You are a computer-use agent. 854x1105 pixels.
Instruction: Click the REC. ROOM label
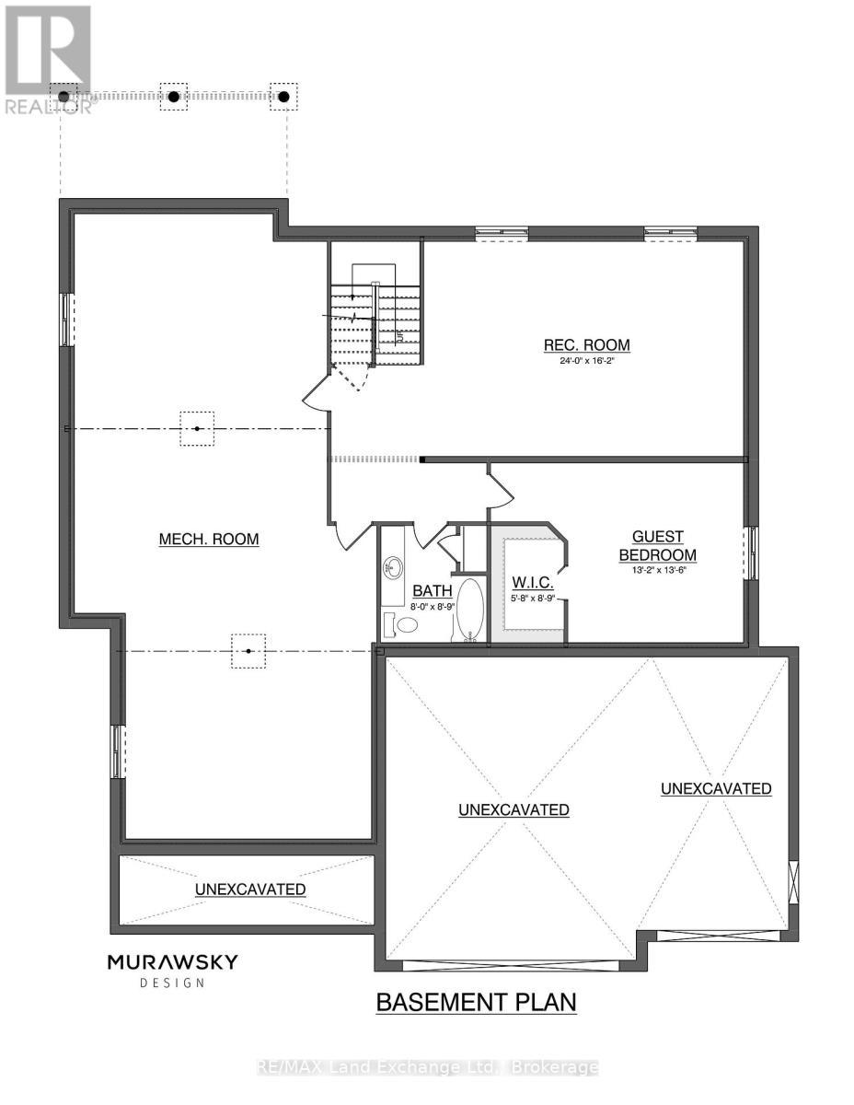[x=586, y=345]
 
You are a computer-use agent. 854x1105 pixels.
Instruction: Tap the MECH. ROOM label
[x=208, y=540]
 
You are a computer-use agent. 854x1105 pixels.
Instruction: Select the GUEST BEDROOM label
[x=657, y=546]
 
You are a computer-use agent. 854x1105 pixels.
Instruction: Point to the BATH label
[x=431, y=590]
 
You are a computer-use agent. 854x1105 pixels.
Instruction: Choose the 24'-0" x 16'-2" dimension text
[x=586, y=362]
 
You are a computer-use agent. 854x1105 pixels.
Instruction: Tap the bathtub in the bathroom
[x=469, y=609]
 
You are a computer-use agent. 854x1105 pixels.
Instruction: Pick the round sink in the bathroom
[x=393, y=564]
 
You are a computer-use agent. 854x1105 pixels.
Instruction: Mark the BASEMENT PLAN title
[x=476, y=1002]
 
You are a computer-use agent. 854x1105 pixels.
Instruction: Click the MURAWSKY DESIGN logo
[x=172, y=970]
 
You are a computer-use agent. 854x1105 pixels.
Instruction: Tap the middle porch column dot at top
[x=173, y=96]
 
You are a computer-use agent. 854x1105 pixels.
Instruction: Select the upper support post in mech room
[x=197, y=428]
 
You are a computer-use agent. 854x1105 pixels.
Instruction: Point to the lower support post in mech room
[x=248, y=651]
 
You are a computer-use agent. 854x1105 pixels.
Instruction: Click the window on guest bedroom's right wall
[x=752, y=552]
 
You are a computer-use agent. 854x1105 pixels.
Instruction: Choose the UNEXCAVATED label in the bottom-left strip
[x=249, y=890]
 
